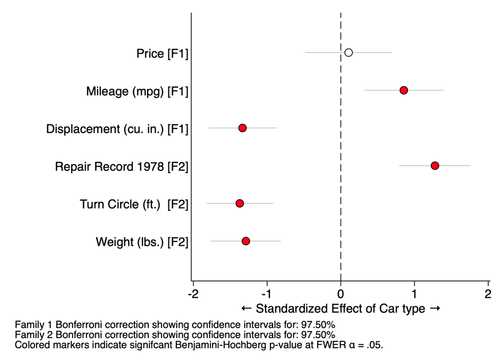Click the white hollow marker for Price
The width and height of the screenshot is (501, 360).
[349, 53]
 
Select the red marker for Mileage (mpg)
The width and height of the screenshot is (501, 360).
[404, 90]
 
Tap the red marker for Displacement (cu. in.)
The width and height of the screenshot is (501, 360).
[242, 128]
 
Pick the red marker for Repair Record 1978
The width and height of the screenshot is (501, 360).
[435, 166]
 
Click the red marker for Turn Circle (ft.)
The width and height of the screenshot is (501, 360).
[240, 203]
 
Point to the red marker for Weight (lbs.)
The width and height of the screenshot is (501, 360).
[245, 241]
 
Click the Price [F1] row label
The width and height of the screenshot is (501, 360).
[162, 54]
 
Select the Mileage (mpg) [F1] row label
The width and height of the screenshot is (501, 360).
[137, 92]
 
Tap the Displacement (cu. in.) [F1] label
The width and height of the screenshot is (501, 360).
[117, 129]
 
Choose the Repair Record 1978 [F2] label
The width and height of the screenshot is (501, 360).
[122, 167]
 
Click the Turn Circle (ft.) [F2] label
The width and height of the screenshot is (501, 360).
[134, 204]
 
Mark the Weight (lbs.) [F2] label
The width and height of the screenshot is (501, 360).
[142, 242]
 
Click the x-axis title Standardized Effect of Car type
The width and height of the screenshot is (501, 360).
[341, 308]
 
